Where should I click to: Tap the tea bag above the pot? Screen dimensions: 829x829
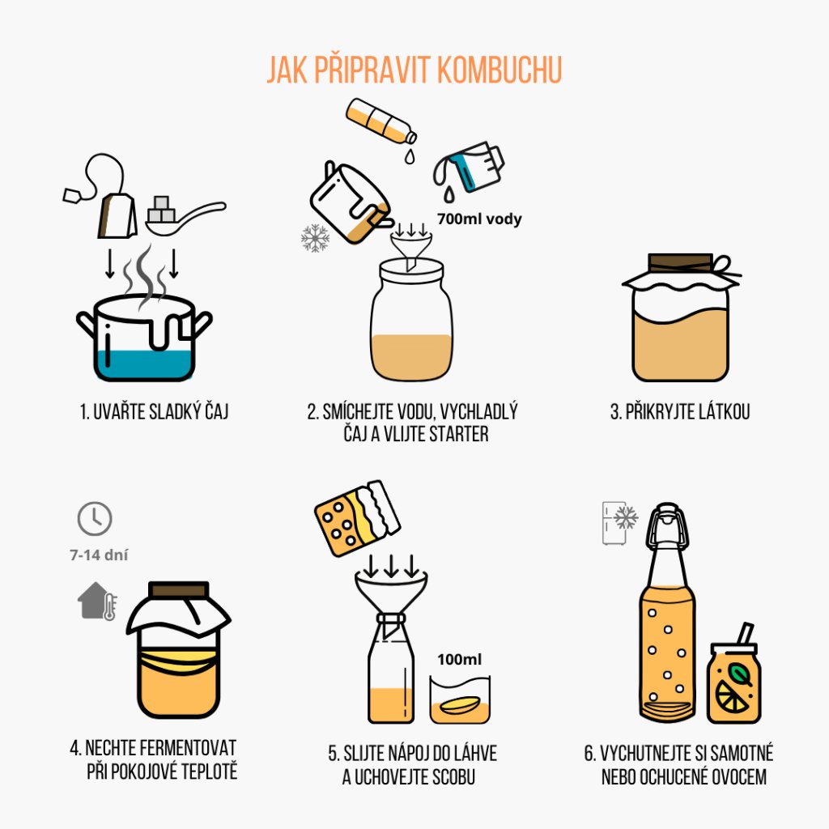click(x=117, y=215)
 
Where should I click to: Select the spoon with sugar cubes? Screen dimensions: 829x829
click(x=185, y=216)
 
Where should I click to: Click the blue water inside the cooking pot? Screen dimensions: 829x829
click(x=144, y=364)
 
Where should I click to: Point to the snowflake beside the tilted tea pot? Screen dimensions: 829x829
click(x=315, y=238)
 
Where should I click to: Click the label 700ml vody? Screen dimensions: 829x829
click(x=479, y=219)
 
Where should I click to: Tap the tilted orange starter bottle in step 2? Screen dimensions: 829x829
click(x=380, y=121)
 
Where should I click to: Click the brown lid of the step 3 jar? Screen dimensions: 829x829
click(x=680, y=262)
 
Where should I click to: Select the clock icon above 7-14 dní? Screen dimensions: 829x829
click(x=95, y=519)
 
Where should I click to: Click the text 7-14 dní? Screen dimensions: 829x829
click(x=99, y=555)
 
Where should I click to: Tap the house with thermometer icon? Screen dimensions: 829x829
click(x=97, y=602)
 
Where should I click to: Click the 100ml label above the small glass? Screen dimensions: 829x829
click(x=460, y=659)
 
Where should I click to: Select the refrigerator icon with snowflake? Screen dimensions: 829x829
click(x=619, y=522)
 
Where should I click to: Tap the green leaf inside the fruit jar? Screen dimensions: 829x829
click(x=740, y=674)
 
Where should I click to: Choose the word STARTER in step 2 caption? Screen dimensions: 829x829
click(x=458, y=435)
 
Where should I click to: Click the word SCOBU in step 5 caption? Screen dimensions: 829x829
click(x=453, y=777)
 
